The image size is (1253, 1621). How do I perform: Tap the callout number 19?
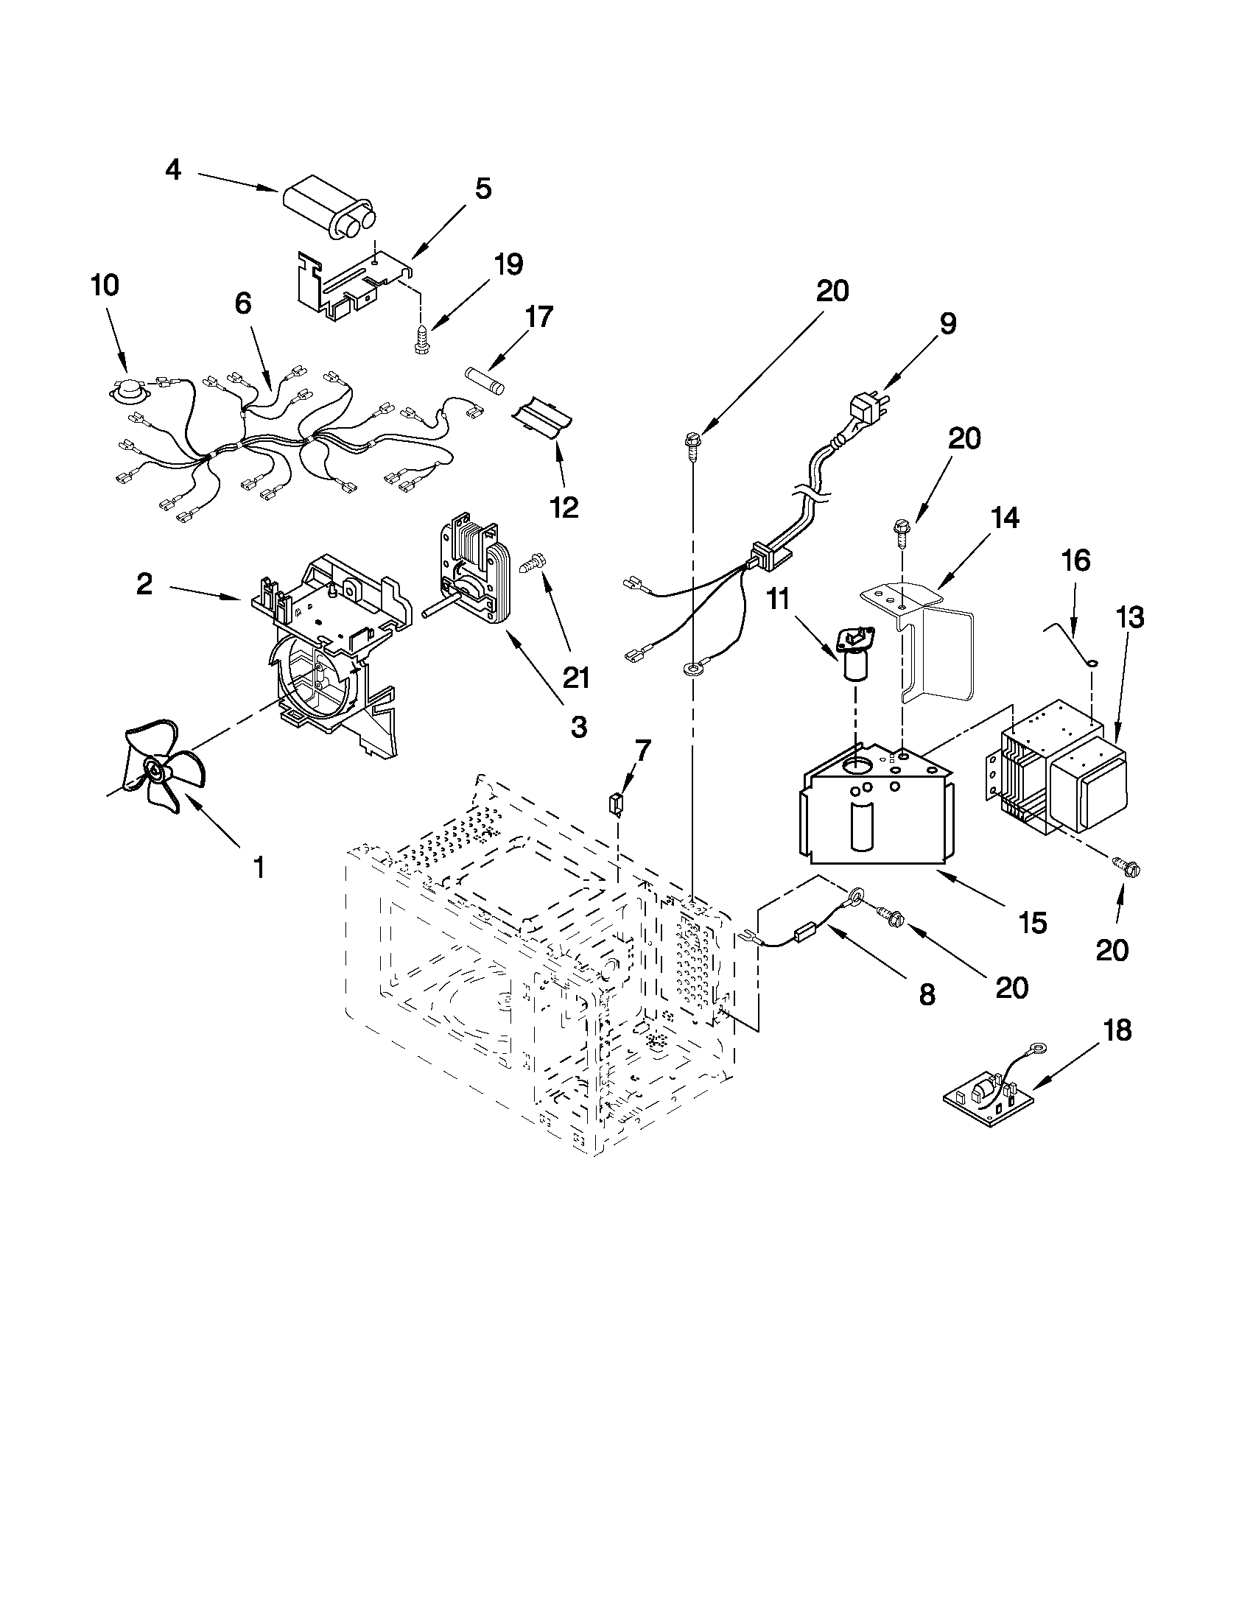point(508,265)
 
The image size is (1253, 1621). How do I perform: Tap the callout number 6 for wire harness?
point(243,304)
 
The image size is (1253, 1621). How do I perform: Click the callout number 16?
point(1075,562)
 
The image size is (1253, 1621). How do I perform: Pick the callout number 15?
point(1033,924)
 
